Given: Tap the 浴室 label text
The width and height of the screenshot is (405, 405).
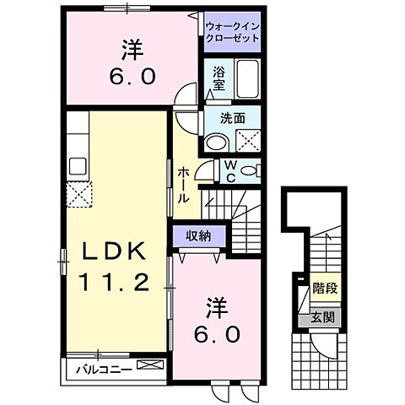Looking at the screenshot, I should pyautogui.click(x=219, y=80).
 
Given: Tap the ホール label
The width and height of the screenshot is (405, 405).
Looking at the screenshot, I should pyautogui.click(x=182, y=185).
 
